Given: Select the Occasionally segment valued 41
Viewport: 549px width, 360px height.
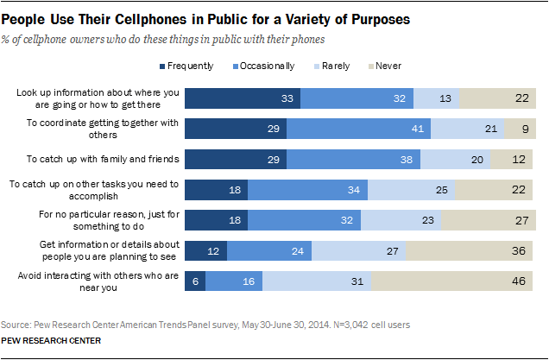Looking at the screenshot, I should [x=359, y=129].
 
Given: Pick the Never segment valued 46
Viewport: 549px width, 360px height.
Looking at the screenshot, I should [x=453, y=281].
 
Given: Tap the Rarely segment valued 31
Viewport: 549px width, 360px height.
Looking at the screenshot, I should [x=317, y=281].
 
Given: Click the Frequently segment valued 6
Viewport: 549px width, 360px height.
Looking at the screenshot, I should [x=196, y=281].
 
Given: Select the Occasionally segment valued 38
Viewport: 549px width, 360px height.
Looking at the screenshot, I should [x=354, y=160].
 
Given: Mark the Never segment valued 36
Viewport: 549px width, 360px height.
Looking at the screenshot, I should [x=470, y=250].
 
